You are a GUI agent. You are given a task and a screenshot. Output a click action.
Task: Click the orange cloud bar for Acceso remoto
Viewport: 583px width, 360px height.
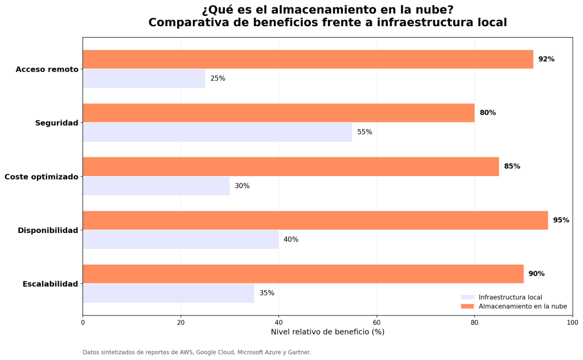pyautogui.click(x=307, y=59)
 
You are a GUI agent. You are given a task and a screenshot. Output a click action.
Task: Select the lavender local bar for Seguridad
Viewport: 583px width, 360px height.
pyautogui.click(x=217, y=132)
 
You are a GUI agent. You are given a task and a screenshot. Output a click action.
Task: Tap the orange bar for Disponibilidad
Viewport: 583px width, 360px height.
pyautogui.click(x=315, y=220)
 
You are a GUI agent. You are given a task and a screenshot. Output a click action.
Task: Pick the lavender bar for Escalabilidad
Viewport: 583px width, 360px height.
pyautogui.click(x=168, y=293)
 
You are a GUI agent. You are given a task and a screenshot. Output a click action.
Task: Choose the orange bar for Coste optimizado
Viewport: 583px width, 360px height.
pyautogui.click(x=290, y=166)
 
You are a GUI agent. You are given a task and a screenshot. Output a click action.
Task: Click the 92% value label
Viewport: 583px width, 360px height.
pyautogui.click(x=546, y=59)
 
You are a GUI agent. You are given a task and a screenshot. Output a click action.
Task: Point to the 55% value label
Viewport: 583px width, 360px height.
pyautogui.click(x=364, y=132)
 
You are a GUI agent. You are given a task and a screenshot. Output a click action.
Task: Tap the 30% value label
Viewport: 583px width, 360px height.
pyautogui.click(x=242, y=186)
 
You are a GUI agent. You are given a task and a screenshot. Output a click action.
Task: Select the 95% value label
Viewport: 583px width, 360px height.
pyautogui.click(x=561, y=220)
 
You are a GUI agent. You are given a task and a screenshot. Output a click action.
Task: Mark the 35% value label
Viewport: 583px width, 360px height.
pyautogui.click(x=266, y=293)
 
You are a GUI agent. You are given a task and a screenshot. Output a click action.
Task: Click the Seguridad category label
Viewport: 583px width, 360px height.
pyautogui.click(x=56, y=123)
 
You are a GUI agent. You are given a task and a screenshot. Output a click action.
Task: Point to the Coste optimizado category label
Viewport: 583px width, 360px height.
pyautogui.click(x=41, y=177)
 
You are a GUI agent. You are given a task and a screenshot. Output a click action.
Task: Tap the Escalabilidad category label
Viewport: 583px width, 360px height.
pyautogui.click(x=50, y=284)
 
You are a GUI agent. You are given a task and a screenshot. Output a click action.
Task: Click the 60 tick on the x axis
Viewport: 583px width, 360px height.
pyautogui.click(x=376, y=322)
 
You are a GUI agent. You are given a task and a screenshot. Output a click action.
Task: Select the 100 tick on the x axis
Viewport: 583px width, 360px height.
pyautogui.click(x=572, y=322)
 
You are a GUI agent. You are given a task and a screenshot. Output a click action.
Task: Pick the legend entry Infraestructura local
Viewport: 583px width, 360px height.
pyautogui.click(x=510, y=297)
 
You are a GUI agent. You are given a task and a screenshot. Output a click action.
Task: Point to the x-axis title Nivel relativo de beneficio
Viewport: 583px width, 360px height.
pyautogui.click(x=327, y=332)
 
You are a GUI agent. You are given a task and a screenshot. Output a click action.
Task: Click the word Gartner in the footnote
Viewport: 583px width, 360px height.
pyautogui.click(x=298, y=353)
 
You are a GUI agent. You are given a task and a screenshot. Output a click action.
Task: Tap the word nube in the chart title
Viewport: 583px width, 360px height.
pyautogui.click(x=433, y=10)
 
